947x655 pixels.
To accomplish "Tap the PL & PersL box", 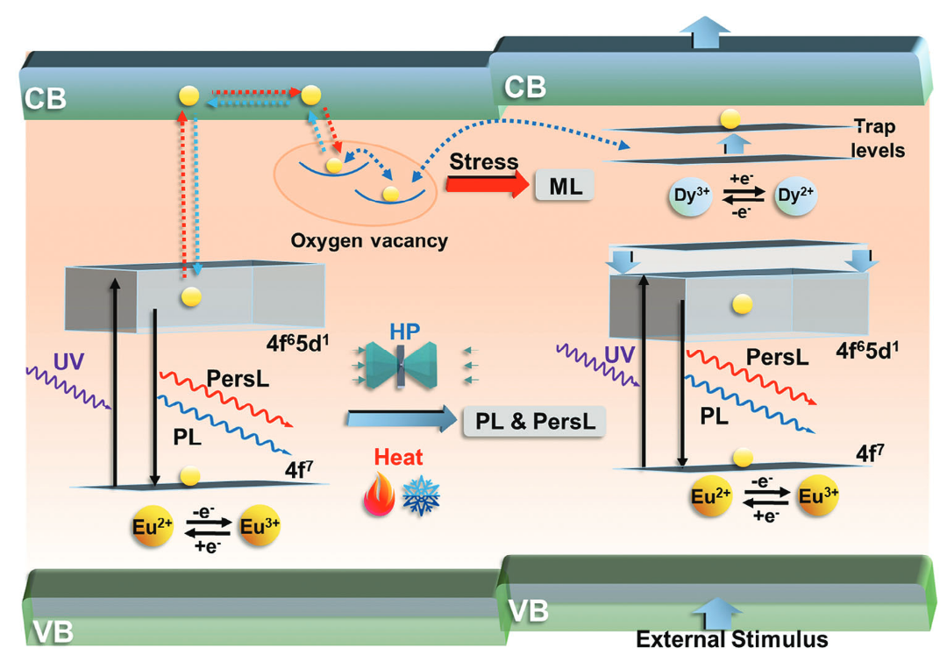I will (x=535, y=421).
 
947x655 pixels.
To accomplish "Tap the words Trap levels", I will (x=877, y=139).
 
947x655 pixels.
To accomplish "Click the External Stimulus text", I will (x=732, y=639).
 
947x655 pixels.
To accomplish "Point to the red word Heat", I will (x=400, y=456).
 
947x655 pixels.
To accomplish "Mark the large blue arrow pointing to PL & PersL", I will (x=400, y=420).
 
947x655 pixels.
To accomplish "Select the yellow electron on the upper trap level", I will (x=730, y=117).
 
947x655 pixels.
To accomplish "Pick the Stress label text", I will (x=483, y=162).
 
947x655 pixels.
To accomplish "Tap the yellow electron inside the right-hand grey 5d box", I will (x=742, y=303).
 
